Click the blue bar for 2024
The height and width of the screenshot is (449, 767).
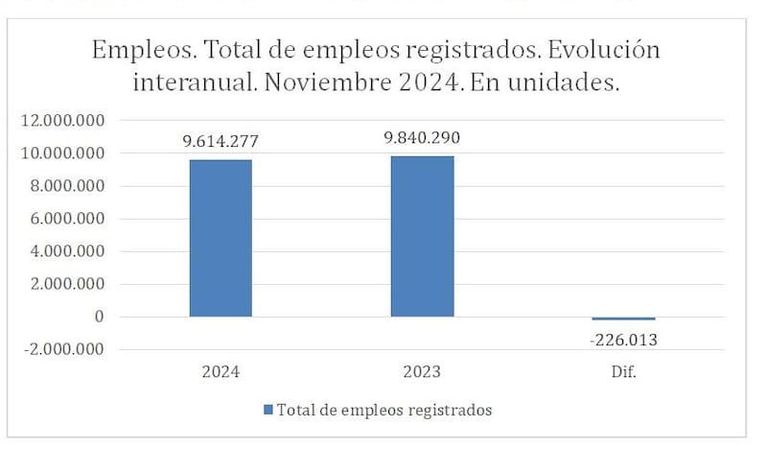221,238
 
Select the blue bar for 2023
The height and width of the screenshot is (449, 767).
422,236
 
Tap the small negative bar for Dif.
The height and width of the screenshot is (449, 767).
623,319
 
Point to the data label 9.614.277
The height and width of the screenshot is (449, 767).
221,141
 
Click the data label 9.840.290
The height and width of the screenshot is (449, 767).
422,138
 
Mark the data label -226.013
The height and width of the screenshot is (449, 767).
623,339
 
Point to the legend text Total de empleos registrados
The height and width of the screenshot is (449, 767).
384,410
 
